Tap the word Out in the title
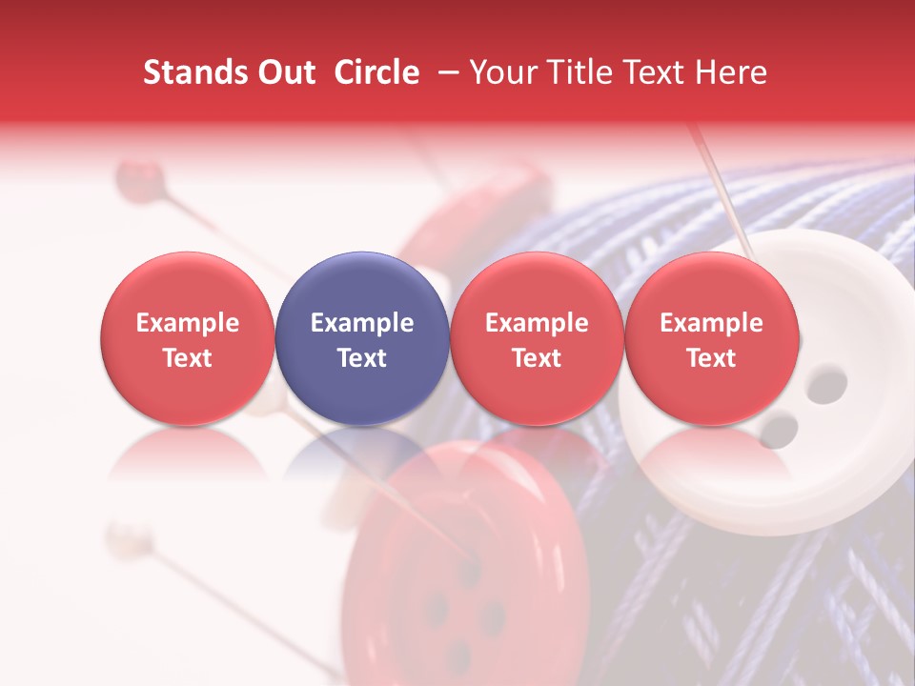pyautogui.click(x=284, y=72)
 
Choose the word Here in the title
pyautogui.click(x=730, y=72)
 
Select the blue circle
pyautogui.click(x=362, y=339)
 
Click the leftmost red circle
pyautogui.click(x=188, y=339)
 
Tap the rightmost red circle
pyautogui.click(x=712, y=339)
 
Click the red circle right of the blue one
pyautogui.click(x=537, y=339)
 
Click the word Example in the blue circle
pyautogui.click(x=362, y=323)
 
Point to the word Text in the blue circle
pyautogui.click(x=362, y=358)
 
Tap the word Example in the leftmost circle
pyautogui.click(x=188, y=323)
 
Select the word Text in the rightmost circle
pyautogui.click(x=712, y=358)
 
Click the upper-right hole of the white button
pyautogui.click(x=827, y=384)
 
